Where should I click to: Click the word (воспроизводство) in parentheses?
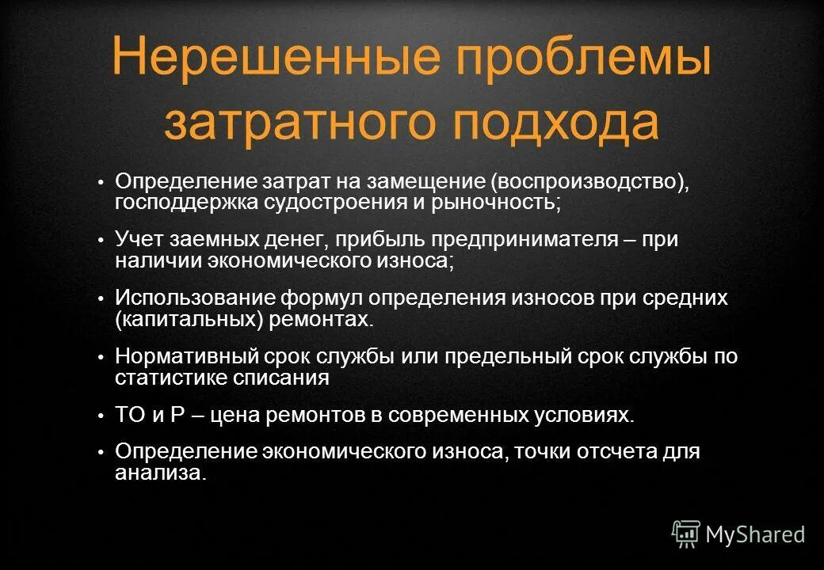click(589, 181)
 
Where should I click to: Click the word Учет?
click(141, 239)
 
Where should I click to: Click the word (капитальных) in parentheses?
click(180, 319)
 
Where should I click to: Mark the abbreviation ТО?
click(130, 415)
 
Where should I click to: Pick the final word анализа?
click(160, 473)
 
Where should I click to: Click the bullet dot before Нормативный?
click(101, 358)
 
